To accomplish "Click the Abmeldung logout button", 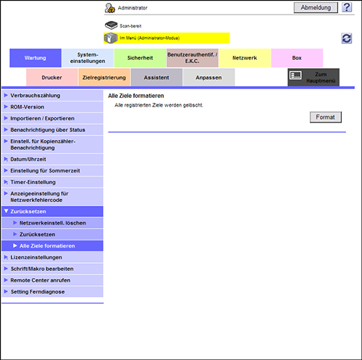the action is [x=316, y=8].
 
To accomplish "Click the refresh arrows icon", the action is [x=347, y=38].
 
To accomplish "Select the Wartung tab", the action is [x=35, y=58].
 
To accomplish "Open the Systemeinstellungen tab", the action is [x=88, y=58].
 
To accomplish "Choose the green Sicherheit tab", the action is [x=140, y=58].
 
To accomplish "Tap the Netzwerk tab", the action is [x=245, y=58].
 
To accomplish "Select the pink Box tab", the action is [x=297, y=58].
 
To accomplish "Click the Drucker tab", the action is [x=52, y=78].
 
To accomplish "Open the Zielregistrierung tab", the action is [x=104, y=78].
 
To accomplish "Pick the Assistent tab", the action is [x=156, y=78].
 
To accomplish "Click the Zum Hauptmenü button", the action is [x=313, y=78].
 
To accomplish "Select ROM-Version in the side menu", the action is [x=52, y=107].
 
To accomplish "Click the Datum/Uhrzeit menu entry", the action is [x=52, y=159].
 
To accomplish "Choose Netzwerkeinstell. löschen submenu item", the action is [x=52, y=223].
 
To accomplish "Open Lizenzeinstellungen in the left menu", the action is [x=52, y=257].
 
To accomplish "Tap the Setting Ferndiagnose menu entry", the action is [x=52, y=292].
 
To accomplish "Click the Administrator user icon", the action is [x=110, y=8].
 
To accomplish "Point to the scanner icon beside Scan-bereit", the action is [x=111, y=25].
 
